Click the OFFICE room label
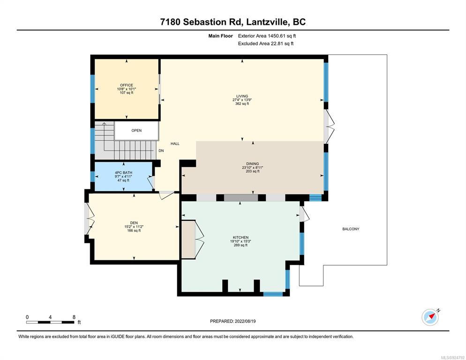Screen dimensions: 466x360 click(x=127, y=85)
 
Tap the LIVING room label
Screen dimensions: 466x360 click(x=242, y=96)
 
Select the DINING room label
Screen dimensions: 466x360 click(x=253, y=164)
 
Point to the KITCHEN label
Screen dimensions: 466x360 click(x=241, y=237)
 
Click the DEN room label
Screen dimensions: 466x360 click(x=134, y=223)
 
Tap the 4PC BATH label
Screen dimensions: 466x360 click(x=124, y=172)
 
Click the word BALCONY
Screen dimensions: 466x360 click(x=351, y=229)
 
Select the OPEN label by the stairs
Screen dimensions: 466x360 click(x=137, y=130)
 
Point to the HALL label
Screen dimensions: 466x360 click(x=175, y=143)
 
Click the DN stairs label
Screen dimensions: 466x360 click(x=161, y=151)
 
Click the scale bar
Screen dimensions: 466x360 click(x=50, y=322)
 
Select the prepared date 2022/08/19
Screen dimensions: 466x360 click(x=245, y=321)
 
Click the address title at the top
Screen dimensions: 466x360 click(x=233, y=22)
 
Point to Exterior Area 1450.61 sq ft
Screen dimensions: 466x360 click(x=267, y=36)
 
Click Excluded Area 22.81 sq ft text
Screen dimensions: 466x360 click(x=266, y=44)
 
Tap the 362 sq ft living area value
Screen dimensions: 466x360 click(x=242, y=104)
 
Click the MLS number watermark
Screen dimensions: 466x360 click(x=452, y=357)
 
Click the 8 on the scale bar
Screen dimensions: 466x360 click(x=74, y=317)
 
